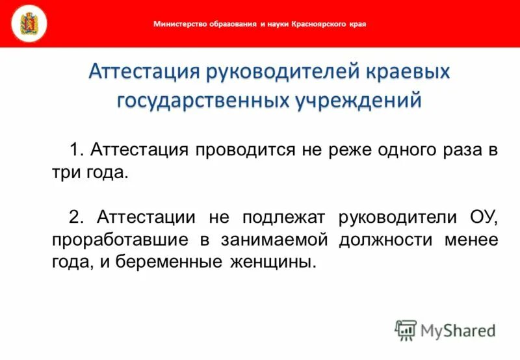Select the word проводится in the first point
click(244, 151)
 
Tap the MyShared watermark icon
click(406, 329)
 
